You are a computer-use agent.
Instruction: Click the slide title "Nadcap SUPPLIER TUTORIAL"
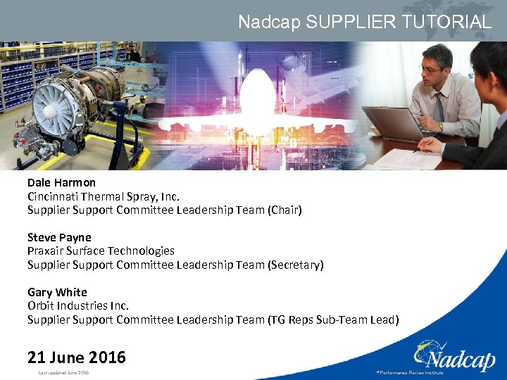pyautogui.click(x=364, y=22)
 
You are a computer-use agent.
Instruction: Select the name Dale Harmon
pyautogui.click(x=61, y=182)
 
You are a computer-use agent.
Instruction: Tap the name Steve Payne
pyautogui.click(x=59, y=237)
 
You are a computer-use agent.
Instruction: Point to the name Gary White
pyautogui.click(x=57, y=292)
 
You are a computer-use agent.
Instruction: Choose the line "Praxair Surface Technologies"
pyautogui.click(x=101, y=251)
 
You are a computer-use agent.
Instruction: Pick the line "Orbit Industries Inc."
pyautogui.click(x=78, y=305)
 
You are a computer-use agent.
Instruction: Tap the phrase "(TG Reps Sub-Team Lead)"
pyautogui.click(x=333, y=319)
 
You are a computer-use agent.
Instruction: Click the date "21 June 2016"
pyautogui.click(x=77, y=357)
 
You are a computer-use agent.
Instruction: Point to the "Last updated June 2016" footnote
pyautogui.click(x=63, y=372)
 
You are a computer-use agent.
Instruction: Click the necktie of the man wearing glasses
pyautogui.click(x=439, y=108)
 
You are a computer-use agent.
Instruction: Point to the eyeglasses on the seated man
pyautogui.click(x=430, y=68)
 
